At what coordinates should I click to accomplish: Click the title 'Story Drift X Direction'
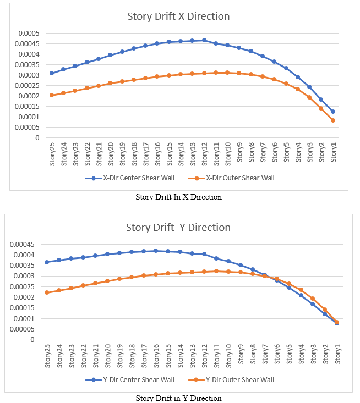[178, 16]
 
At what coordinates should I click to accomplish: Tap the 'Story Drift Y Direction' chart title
[178, 228]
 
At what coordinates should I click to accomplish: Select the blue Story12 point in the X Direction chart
[204, 40]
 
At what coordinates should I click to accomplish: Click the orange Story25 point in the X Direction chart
[52, 95]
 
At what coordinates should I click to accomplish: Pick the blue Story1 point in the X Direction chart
[333, 112]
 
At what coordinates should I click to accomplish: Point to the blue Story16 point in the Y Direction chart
[156, 251]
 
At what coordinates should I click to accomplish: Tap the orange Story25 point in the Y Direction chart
[47, 292]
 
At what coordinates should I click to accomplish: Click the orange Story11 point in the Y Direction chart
[216, 271]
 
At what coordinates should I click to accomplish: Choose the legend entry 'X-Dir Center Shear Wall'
[130, 178]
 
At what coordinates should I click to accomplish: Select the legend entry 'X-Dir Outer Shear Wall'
[231, 178]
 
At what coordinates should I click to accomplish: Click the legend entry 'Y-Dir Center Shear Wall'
[130, 379]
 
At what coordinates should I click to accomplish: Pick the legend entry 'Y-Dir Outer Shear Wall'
[231, 379]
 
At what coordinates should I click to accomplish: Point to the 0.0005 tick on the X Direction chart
[29, 34]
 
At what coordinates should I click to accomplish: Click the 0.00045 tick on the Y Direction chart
[22, 245]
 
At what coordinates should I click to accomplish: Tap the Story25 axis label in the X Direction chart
[52, 154]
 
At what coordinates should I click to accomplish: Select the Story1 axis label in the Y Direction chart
[337, 354]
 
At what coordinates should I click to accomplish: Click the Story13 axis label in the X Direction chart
[193, 154]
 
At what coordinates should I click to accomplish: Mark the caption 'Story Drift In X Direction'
[178, 197]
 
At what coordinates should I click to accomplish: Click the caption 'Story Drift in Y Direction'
[178, 398]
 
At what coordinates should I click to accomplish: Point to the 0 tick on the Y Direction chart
[32, 340]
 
